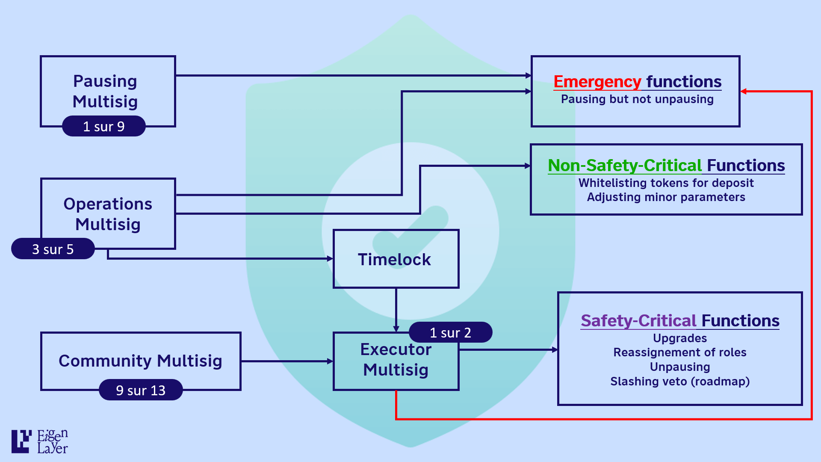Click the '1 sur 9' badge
104,126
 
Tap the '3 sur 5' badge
53,249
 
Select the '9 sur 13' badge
141,390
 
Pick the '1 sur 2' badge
450,332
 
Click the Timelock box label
394,260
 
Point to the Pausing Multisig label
105,91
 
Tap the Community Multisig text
140,361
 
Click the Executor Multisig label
396,359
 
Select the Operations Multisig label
108,214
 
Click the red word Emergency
597,81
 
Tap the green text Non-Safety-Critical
625,165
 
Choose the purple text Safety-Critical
639,320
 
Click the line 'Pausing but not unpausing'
637,99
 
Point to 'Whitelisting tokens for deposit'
666,183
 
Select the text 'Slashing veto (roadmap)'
680,381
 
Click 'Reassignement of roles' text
680,352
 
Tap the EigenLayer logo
40,441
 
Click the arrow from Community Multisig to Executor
287,361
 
